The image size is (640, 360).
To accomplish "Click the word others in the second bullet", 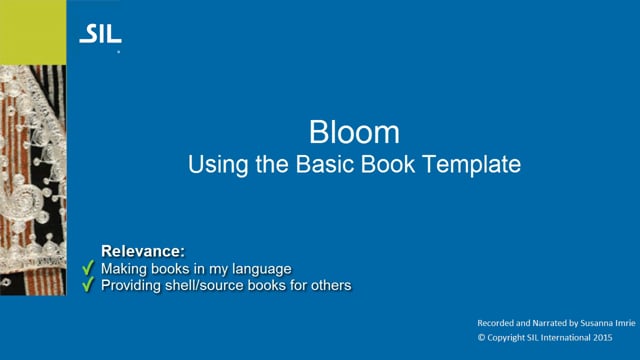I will tap(331, 285).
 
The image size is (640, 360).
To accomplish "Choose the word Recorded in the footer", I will tap(497, 325).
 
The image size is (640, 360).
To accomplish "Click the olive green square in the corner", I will tap(34, 30).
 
